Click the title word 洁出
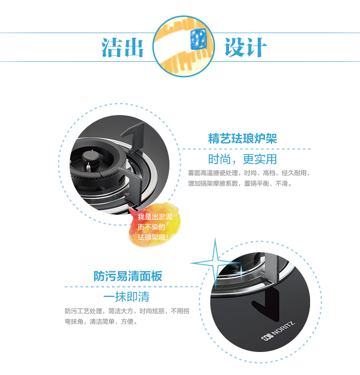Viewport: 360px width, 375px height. point(122,47)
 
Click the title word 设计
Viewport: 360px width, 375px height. point(245,47)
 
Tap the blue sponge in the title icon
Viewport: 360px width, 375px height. point(198,38)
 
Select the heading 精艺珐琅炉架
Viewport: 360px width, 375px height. point(242,139)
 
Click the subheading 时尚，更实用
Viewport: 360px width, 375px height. point(242,159)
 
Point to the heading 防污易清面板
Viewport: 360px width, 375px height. point(128,276)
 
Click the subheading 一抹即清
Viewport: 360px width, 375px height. point(126,296)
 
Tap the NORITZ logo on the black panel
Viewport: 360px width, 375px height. point(278,331)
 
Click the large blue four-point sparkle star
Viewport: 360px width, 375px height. point(215,263)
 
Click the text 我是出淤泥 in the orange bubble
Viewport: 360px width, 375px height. point(155,217)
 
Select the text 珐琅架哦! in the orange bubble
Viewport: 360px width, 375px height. point(153,237)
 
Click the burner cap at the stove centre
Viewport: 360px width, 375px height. point(90,156)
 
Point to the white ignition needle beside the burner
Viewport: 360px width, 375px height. point(88,167)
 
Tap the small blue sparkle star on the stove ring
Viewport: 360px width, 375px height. point(241,272)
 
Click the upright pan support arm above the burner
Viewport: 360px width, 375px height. point(134,136)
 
